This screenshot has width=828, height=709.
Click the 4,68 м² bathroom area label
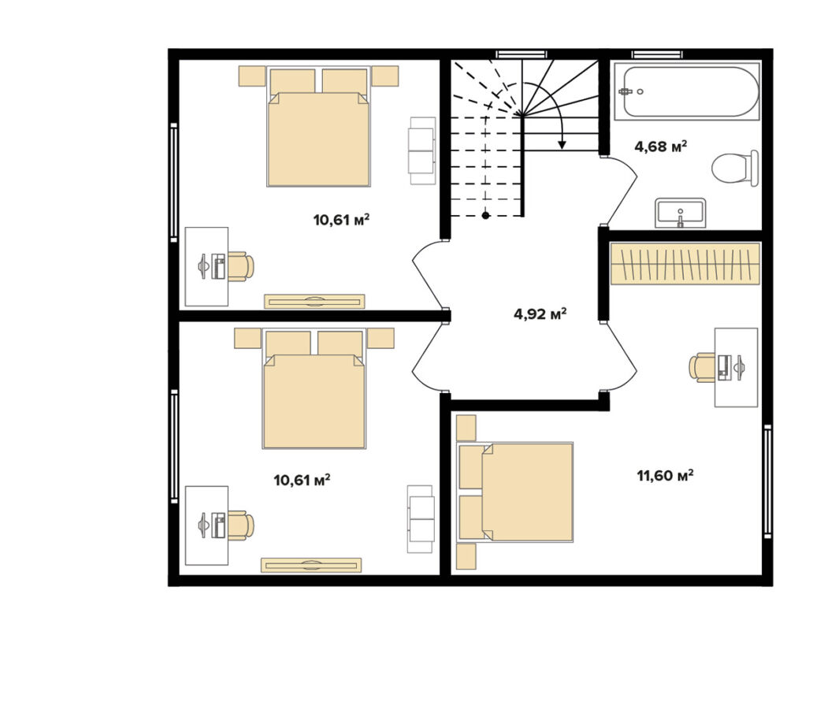661,147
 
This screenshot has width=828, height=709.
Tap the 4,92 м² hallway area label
540,314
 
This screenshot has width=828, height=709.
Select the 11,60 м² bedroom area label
666,476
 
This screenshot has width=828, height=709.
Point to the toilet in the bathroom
734,168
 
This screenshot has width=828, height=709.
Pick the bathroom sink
680,213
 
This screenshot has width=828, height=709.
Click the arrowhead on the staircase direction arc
563,143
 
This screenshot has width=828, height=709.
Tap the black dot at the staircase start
485,215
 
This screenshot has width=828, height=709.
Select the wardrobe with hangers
685,263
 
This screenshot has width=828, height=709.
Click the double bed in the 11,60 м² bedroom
515,492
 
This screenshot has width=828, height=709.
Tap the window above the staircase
522,54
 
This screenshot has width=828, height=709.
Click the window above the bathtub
657,54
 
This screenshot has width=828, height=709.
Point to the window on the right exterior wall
768,481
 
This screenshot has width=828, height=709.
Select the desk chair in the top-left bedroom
241,266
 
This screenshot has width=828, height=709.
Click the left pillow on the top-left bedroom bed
292,82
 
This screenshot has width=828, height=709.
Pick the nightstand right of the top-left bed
385,76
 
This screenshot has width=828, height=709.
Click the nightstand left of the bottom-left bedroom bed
247,339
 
